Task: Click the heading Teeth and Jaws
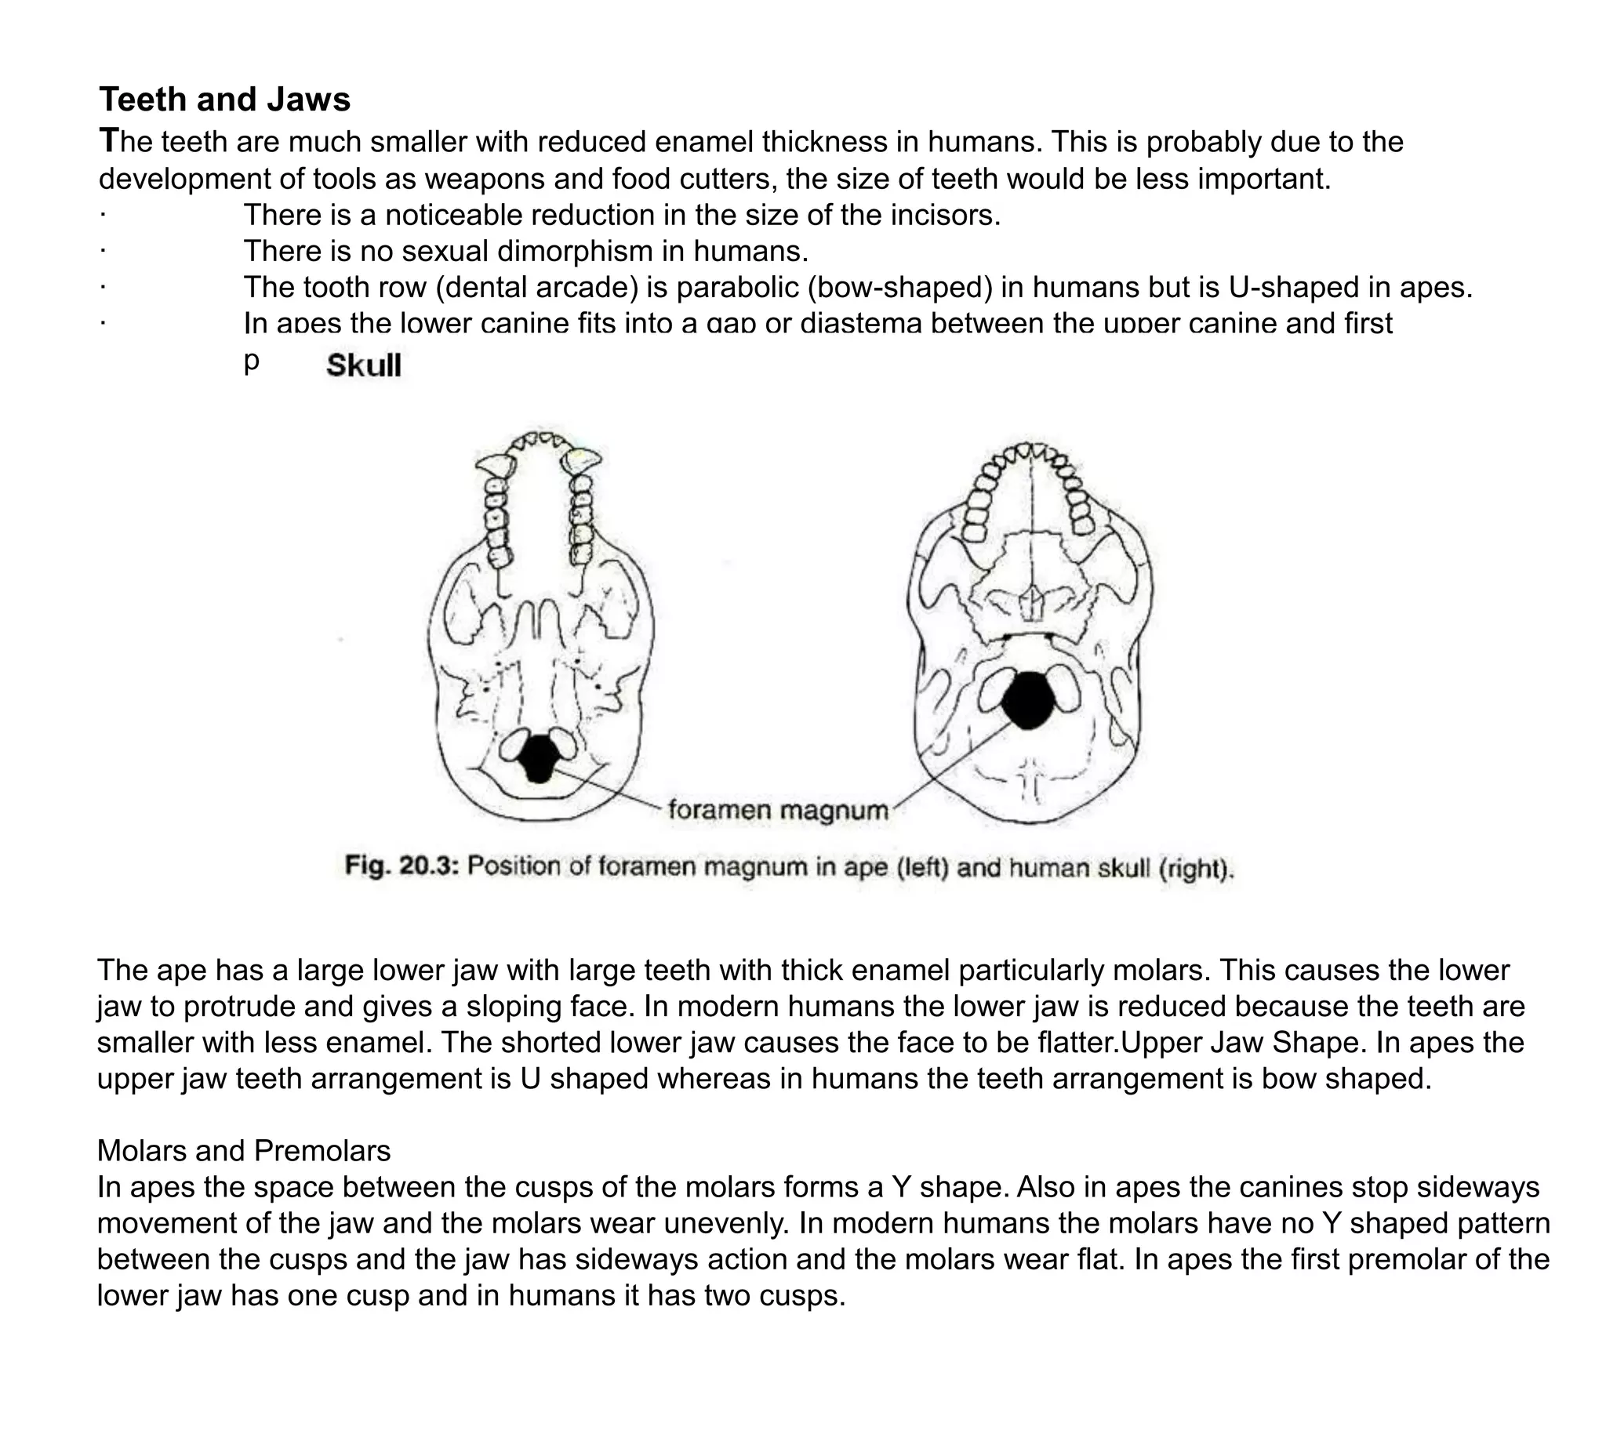tap(225, 100)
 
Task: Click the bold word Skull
tap(364, 366)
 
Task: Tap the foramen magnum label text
tap(778, 811)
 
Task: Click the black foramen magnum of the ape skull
tap(539, 758)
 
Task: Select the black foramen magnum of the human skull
tap(1028, 701)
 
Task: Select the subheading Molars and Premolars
tap(244, 1150)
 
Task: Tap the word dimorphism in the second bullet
tap(590, 252)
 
